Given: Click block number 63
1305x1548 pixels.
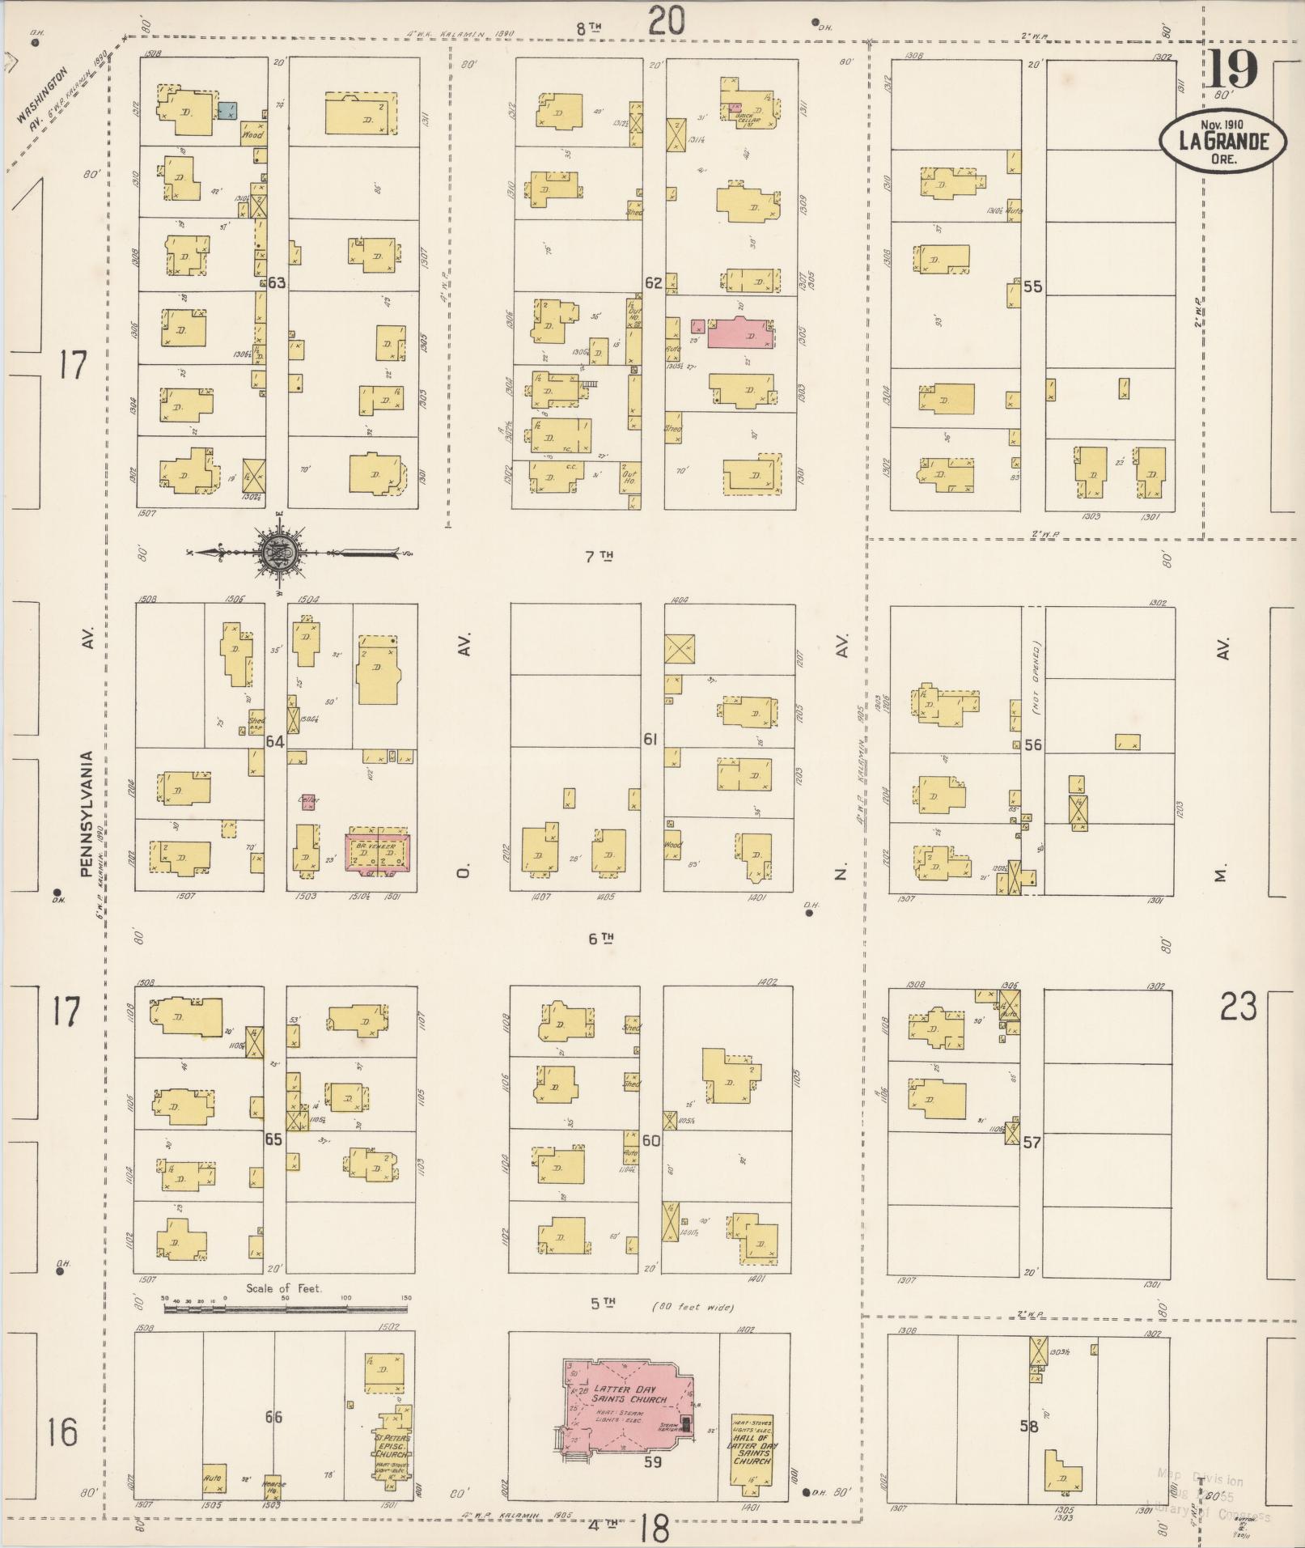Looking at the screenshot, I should click(x=278, y=283).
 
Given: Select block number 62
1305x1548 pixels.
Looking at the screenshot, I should click(x=653, y=283).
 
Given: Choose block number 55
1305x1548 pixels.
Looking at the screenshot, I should click(x=1032, y=286).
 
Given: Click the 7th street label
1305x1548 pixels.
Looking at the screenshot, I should click(x=602, y=556).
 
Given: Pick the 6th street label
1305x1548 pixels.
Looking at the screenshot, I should click(x=602, y=939).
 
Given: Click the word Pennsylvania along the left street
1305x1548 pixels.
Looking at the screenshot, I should click(x=87, y=815).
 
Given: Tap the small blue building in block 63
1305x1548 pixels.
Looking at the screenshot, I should click(x=227, y=112).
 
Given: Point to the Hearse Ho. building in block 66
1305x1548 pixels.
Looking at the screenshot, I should click(x=273, y=1487).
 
